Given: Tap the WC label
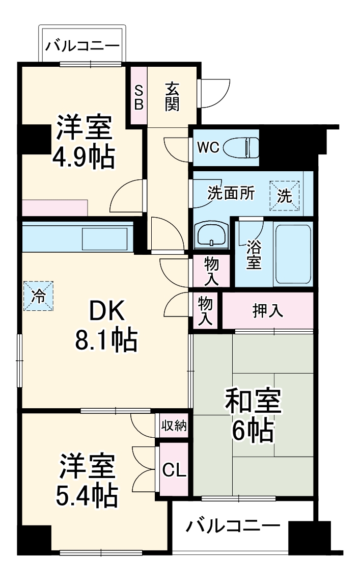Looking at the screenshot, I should pyautogui.click(x=208, y=148).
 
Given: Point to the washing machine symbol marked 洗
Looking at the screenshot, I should pyautogui.click(x=285, y=196).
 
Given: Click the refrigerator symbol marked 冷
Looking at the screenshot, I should pyautogui.click(x=39, y=296).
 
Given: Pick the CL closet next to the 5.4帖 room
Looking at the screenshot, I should pyautogui.click(x=174, y=469).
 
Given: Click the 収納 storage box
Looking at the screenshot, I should pyautogui.click(x=174, y=425).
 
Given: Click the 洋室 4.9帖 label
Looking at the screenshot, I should pyautogui.click(x=84, y=143).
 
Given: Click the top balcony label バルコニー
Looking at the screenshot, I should pyautogui.click(x=82, y=46).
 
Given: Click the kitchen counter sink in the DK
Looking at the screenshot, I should pyautogui.click(x=104, y=238).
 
